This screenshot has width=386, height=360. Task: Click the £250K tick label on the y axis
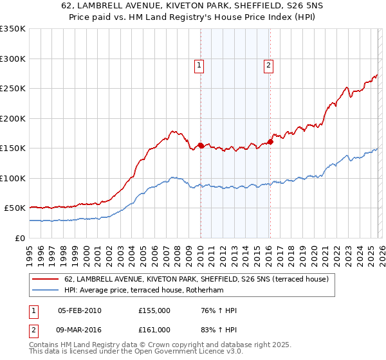point(12,89)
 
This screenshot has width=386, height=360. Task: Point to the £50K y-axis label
point(14,208)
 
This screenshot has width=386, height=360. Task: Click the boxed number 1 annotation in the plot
point(200,64)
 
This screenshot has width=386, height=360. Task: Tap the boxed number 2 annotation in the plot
point(268,64)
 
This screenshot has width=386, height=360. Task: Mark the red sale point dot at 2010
point(201,145)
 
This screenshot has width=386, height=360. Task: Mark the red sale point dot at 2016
point(270,142)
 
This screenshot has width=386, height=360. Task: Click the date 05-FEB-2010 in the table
point(79,310)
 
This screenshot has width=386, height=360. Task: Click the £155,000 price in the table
point(154,310)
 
